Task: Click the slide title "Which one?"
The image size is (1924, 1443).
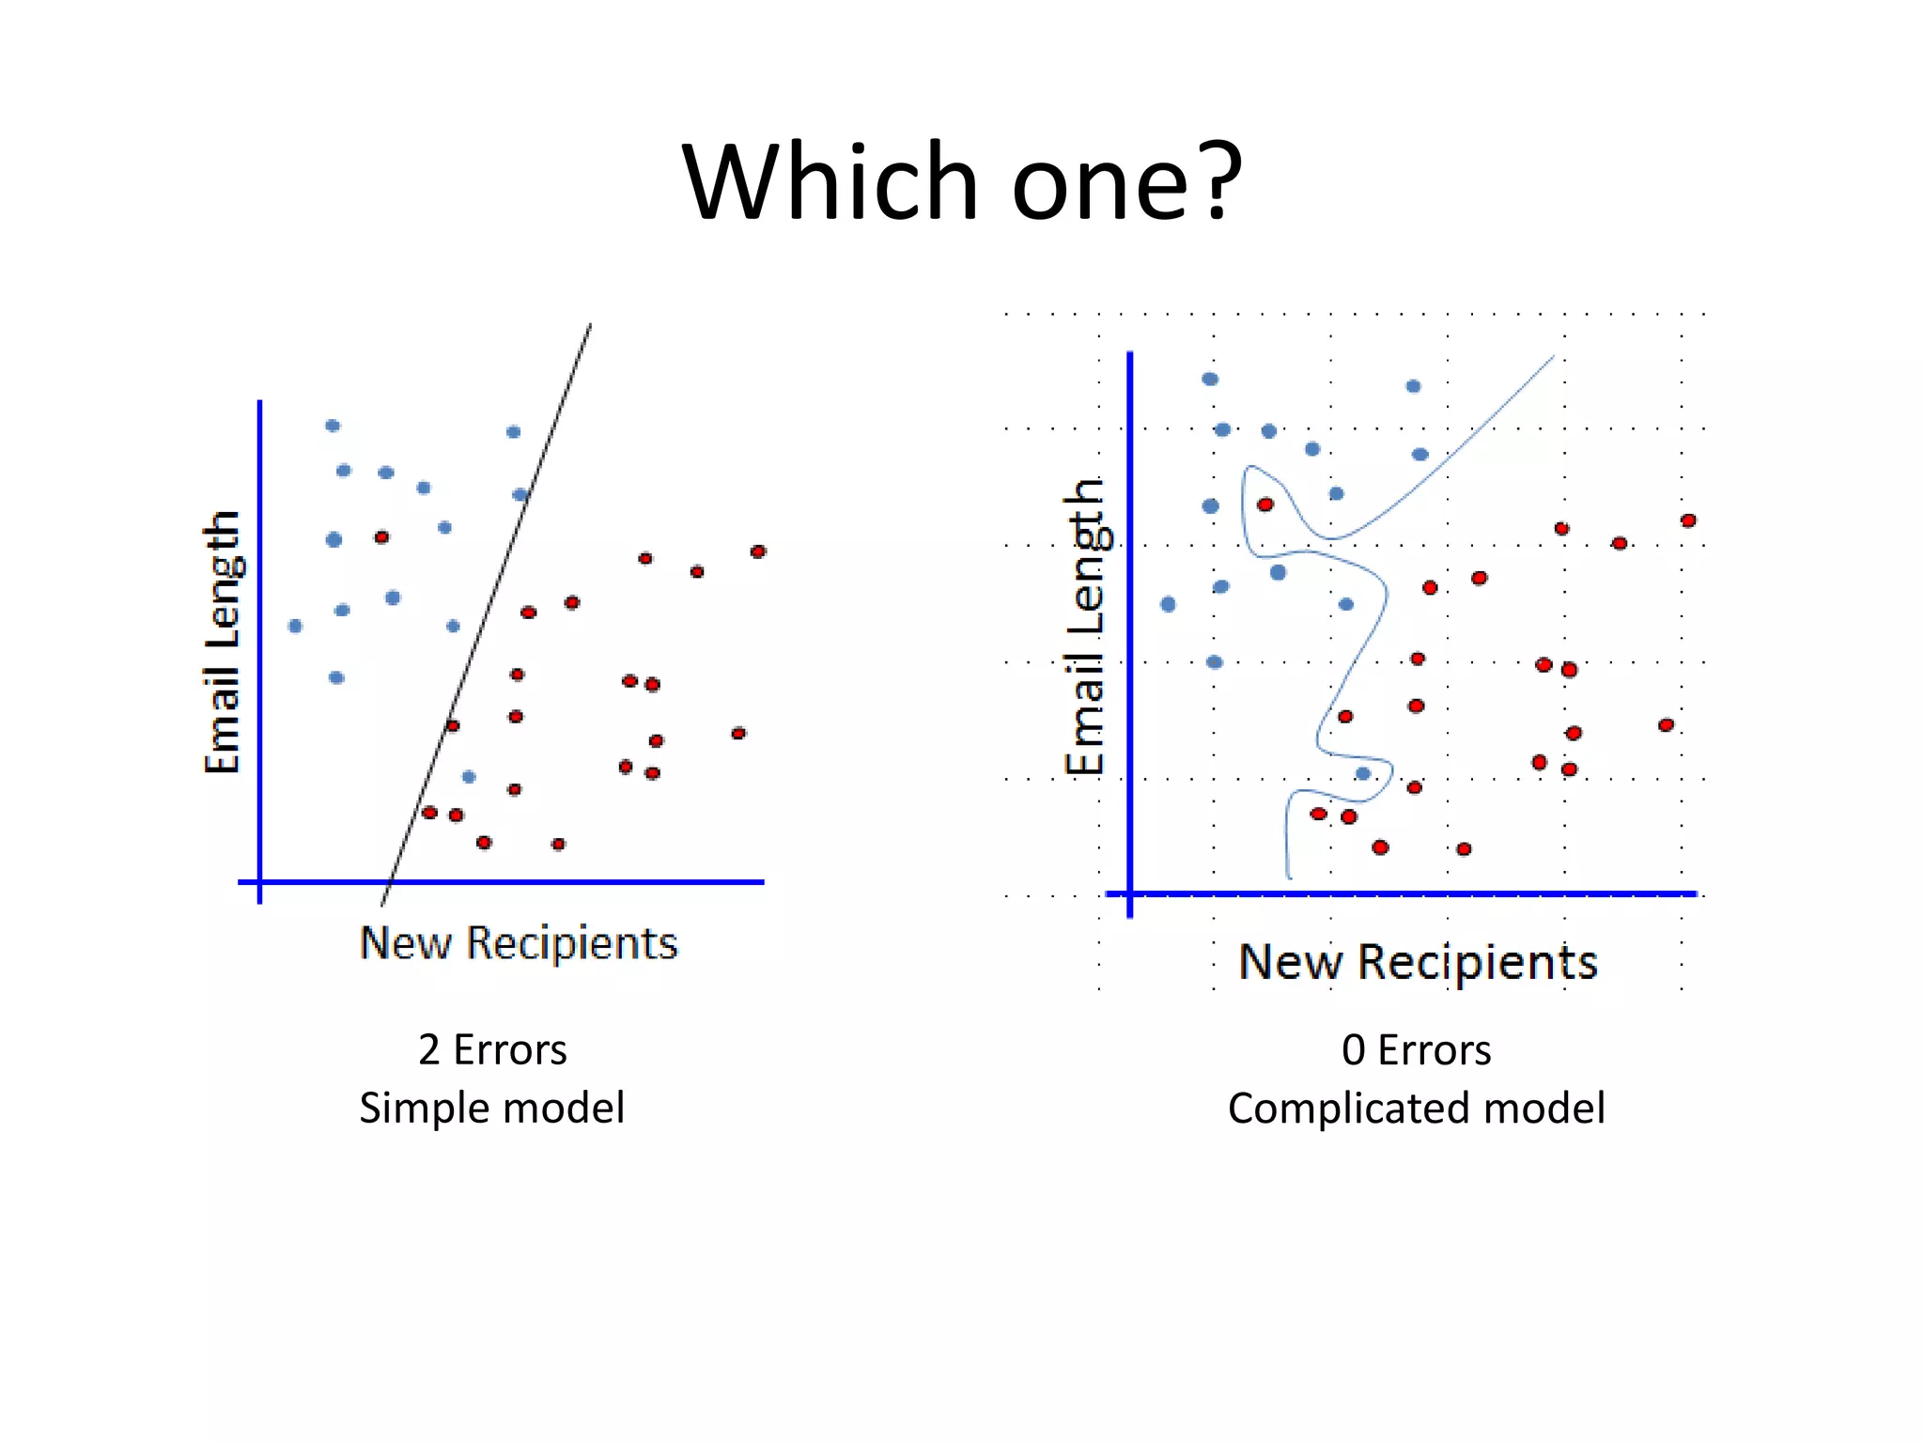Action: pos(962,180)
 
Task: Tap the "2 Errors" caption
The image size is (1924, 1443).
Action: pos(492,1049)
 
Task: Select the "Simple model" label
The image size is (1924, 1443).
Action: pos(492,1108)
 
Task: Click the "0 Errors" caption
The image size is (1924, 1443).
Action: pos(1416,1049)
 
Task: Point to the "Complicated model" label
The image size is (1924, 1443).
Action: pos(1416,1108)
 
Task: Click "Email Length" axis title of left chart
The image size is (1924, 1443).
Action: pos(224,643)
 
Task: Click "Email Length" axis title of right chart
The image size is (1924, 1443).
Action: pos(1086,628)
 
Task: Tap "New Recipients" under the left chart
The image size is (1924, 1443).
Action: pos(519,943)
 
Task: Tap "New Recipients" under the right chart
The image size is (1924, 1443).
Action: pos(1418,962)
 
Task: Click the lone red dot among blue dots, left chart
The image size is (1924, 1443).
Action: pos(381,537)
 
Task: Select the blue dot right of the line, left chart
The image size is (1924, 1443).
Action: pos(469,777)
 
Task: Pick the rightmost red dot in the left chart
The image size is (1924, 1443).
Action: pos(758,551)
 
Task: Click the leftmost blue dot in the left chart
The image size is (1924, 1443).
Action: pos(295,626)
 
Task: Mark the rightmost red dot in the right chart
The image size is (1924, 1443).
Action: pos(1688,520)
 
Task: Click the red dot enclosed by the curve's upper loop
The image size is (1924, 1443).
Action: pos(1265,504)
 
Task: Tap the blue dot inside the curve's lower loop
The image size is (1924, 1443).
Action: pos(1363,773)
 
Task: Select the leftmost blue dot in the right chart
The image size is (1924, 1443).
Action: pos(1168,604)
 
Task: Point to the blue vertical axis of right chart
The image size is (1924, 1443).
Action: pos(1129,620)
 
